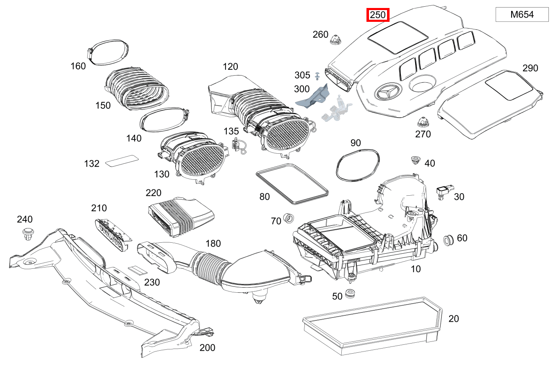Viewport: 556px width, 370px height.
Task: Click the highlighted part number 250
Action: [x=378, y=15]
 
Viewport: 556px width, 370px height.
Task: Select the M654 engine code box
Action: [x=522, y=15]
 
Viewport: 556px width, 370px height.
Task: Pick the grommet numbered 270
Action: [x=423, y=123]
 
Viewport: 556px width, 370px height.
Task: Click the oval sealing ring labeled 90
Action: [x=359, y=165]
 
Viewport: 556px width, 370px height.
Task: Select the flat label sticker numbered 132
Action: [x=122, y=161]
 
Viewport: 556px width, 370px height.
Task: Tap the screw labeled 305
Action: [x=317, y=76]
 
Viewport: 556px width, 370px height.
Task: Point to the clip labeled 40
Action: [x=415, y=160]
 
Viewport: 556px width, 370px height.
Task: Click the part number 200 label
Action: [x=207, y=347]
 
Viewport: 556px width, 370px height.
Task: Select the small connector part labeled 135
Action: [x=238, y=145]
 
